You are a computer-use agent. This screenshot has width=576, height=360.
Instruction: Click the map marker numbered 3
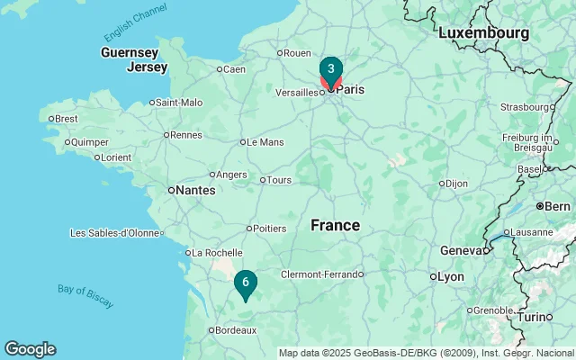tap(331, 69)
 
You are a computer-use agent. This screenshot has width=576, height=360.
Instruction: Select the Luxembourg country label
tap(483, 32)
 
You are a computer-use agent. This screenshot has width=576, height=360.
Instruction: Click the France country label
tap(336, 225)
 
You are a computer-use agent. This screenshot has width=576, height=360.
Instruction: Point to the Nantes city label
tap(195, 190)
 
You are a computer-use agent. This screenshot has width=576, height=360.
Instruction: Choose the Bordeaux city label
tap(236, 330)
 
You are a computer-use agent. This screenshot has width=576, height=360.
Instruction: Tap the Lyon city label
tap(450, 276)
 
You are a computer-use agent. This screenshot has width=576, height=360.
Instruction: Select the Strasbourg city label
tap(524, 107)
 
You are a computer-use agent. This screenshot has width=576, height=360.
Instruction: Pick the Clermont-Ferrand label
tap(319, 274)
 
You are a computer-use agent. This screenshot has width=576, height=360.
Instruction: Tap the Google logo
tap(30, 349)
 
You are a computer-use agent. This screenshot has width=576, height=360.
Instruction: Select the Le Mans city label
tap(265, 141)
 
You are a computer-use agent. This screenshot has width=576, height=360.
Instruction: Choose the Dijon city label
tap(456, 184)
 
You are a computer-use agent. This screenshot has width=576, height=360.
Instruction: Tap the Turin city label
tap(536, 317)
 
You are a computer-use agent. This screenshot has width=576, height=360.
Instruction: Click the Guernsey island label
tap(130, 52)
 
